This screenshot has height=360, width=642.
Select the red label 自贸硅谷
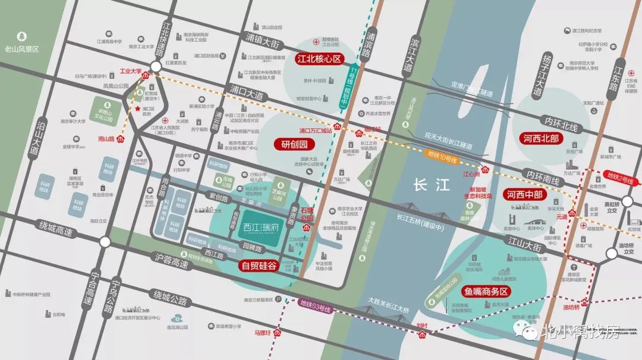pyautogui.click(x=258, y=266)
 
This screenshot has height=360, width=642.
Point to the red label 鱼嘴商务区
pyautogui.click(x=486, y=291)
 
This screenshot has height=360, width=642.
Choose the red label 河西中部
pyautogui.click(x=525, y=194)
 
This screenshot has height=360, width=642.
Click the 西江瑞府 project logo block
pyautogui.click(x=257, y=226)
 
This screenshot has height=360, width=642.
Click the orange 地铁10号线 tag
pyautogui.click(x=442, y=160)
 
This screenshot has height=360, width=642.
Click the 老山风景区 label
pyautogui.click(x=21, y=49)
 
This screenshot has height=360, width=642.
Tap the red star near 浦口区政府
pyautogui.click(x=138, y=109)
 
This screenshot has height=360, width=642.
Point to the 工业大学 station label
pyautogui.click(x=131, y=71)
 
